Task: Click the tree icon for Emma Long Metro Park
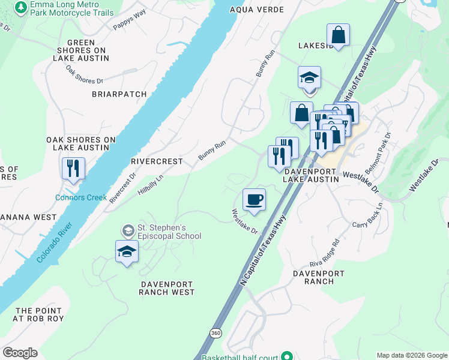tap(22, 7)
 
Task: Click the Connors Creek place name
tap(80, 197)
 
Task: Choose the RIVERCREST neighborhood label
tap(156, 161)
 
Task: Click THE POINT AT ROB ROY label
tap(39, 314)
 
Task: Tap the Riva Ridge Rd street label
tap(328, 254)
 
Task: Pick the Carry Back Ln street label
tap(368, 214)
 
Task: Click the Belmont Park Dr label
tap(378, 153)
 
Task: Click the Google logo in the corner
tap(20, 353)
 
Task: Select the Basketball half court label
tap(240, 357)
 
